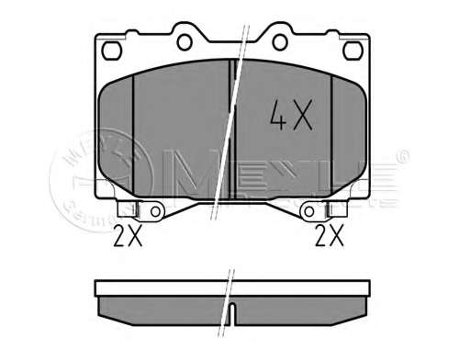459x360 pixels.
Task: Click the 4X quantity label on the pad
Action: click(x=291, y=117)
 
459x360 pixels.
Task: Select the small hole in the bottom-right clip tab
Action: click(x=307, y=213)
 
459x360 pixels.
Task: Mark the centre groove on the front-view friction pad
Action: click(x=231, y=129)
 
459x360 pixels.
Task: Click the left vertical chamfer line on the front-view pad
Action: click(x=134, y=133)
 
